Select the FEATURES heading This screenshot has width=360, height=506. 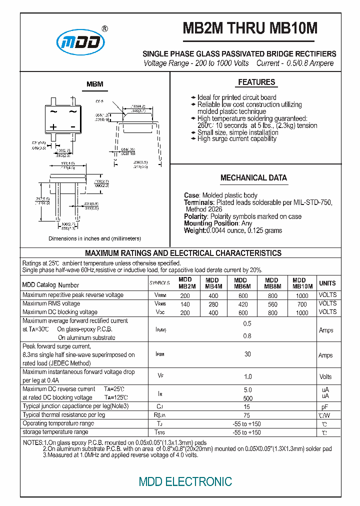(x=256, y=82)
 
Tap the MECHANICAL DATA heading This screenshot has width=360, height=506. (x=253, y=178)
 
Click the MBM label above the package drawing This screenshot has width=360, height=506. (x=94, y=84)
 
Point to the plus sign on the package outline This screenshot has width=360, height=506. (x=53, y=126)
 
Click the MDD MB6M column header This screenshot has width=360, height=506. (x=241, y=283)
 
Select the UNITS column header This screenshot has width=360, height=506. (x=327, y=283)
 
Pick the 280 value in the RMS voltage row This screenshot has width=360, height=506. (x=213, y=304)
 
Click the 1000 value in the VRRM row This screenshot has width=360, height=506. (x=302, y=295)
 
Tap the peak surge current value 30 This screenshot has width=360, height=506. (x=247, y=354)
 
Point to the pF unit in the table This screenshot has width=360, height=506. (x=324, y=407)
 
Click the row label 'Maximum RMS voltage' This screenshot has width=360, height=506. (x=51, y=303)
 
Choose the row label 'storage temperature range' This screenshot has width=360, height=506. (x=55, y=432)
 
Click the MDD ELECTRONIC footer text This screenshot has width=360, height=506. (x=185, y=481)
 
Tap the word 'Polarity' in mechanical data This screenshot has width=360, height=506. (x=195, y=216)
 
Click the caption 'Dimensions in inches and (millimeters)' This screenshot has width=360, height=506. (x=95, y=238)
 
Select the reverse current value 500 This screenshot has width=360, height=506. (x=247, y=398)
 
